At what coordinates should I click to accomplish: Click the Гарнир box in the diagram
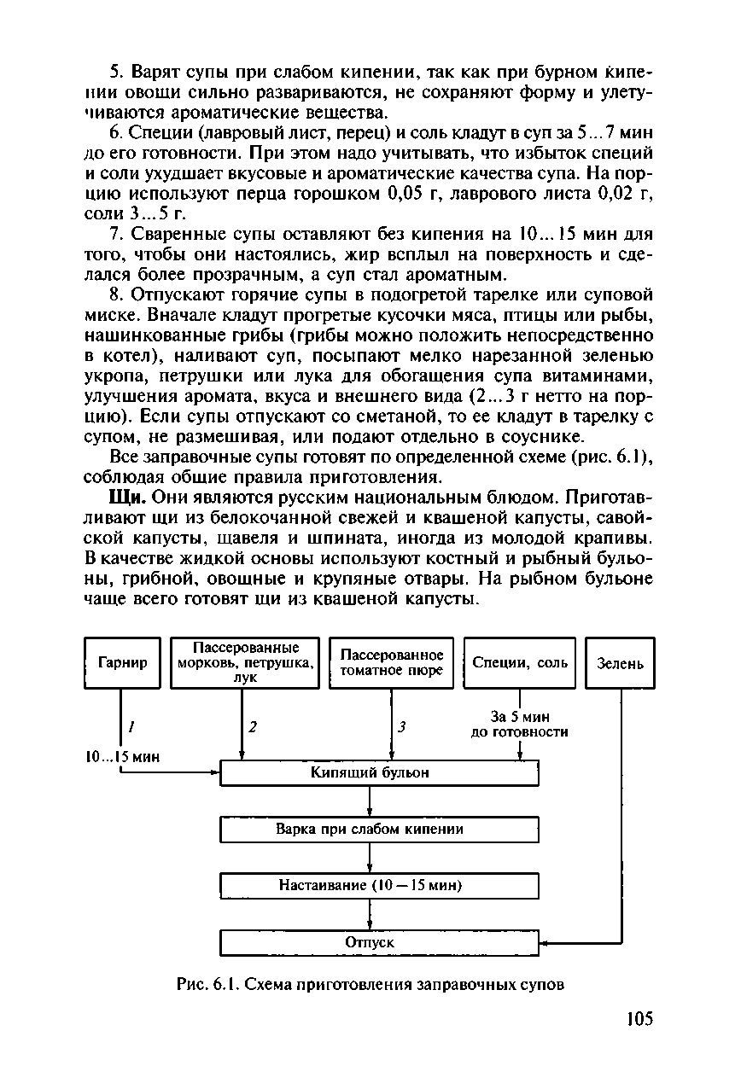pos(122,662)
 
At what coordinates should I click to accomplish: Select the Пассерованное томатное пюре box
pos(392,662)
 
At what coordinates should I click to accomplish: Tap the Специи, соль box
pos(520,662)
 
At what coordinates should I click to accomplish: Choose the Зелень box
pos(621,663)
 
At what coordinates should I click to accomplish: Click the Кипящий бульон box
pos(379,772)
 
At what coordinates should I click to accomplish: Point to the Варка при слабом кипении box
pos(379,829)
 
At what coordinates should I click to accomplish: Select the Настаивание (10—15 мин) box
pos(379,885)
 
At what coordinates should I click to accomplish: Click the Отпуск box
pos(379,942)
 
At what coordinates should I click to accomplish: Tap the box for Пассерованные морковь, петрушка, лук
pos(245,662)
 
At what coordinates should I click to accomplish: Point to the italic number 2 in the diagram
pos(253,727)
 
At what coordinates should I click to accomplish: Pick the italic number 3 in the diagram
pos(400,727)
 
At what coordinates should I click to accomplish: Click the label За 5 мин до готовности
pos(519,724)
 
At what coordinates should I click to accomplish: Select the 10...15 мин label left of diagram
pos(124,756)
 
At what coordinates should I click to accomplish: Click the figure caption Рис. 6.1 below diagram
pos(370,984)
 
